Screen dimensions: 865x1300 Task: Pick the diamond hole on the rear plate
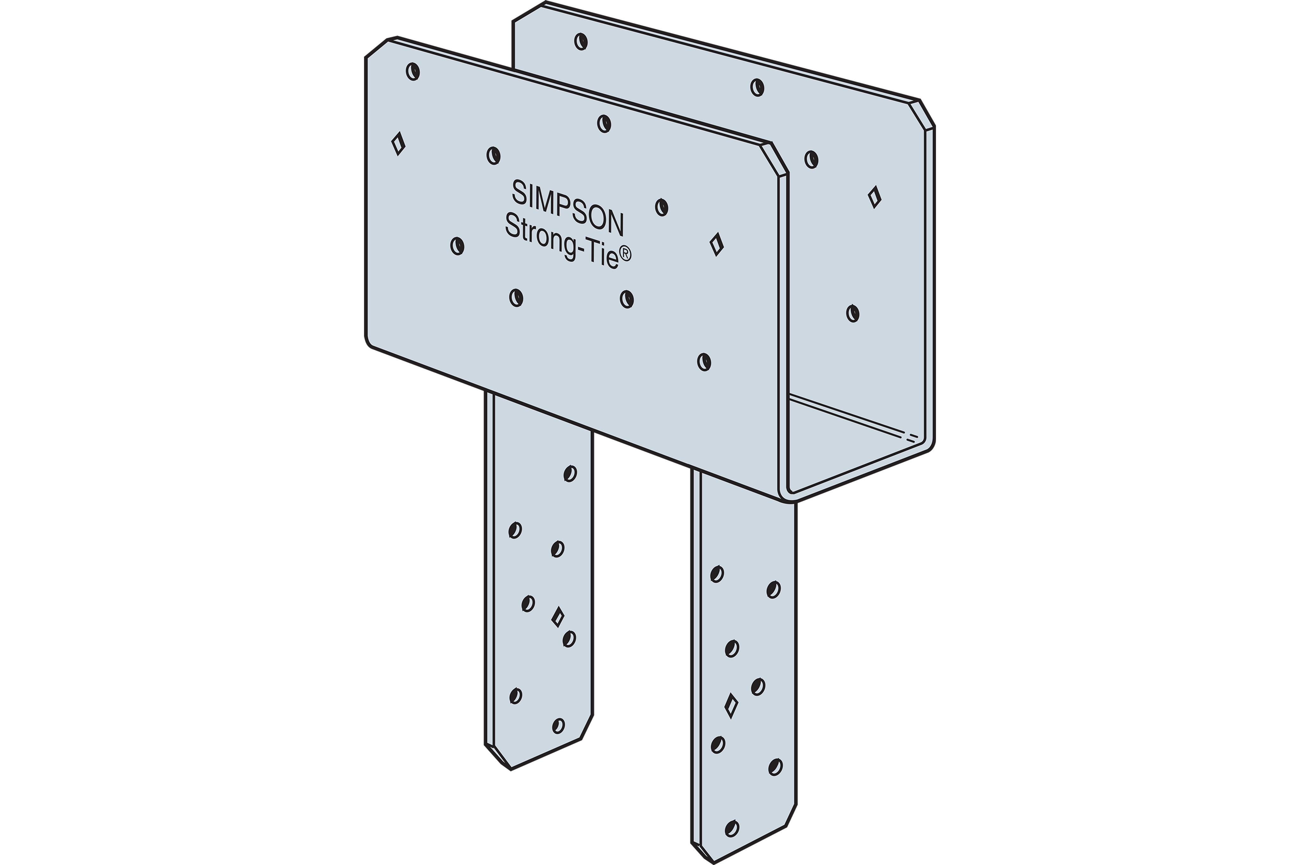[874, 197]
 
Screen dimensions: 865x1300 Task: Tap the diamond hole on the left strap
[558, 617]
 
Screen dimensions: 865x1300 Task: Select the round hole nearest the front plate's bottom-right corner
[704, 362]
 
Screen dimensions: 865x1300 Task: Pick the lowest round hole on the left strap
[558, 725]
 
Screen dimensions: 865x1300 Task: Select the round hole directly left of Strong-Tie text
[457, 245]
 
